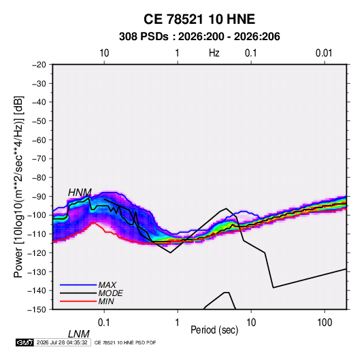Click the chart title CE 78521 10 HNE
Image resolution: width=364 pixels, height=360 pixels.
(199, 19)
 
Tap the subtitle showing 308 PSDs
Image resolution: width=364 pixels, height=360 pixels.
(199, 37)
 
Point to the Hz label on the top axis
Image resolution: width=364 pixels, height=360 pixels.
(214, 53)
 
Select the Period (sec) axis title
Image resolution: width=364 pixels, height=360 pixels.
(214, 330)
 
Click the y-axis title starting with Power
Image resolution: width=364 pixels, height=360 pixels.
(18, 187)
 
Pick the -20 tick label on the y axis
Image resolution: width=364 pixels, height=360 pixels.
(39, 65)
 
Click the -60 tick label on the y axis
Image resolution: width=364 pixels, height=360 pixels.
(39, 140)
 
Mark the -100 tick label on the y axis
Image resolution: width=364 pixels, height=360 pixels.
(37, 215)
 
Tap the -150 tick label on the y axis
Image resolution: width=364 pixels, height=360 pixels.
(37, 310)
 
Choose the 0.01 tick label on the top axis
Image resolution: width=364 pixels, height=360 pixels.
(324, 53)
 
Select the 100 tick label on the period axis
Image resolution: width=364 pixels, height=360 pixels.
(325, 323)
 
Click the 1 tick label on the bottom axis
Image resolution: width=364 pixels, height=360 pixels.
(178, 323)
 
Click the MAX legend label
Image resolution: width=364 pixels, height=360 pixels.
(107, 284)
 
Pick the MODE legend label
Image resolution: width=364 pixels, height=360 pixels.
(110, 293)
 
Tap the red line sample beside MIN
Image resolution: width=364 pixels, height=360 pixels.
(78, 301)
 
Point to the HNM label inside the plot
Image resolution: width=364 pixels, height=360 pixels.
(80, 193)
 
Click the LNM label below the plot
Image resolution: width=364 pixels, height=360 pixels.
(79, 334)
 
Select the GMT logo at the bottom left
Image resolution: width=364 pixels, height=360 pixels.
(24, 342)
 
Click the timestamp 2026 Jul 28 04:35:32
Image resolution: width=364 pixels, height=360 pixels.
(62, 342)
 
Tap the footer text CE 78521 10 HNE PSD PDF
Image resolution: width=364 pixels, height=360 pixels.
(125, 342)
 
